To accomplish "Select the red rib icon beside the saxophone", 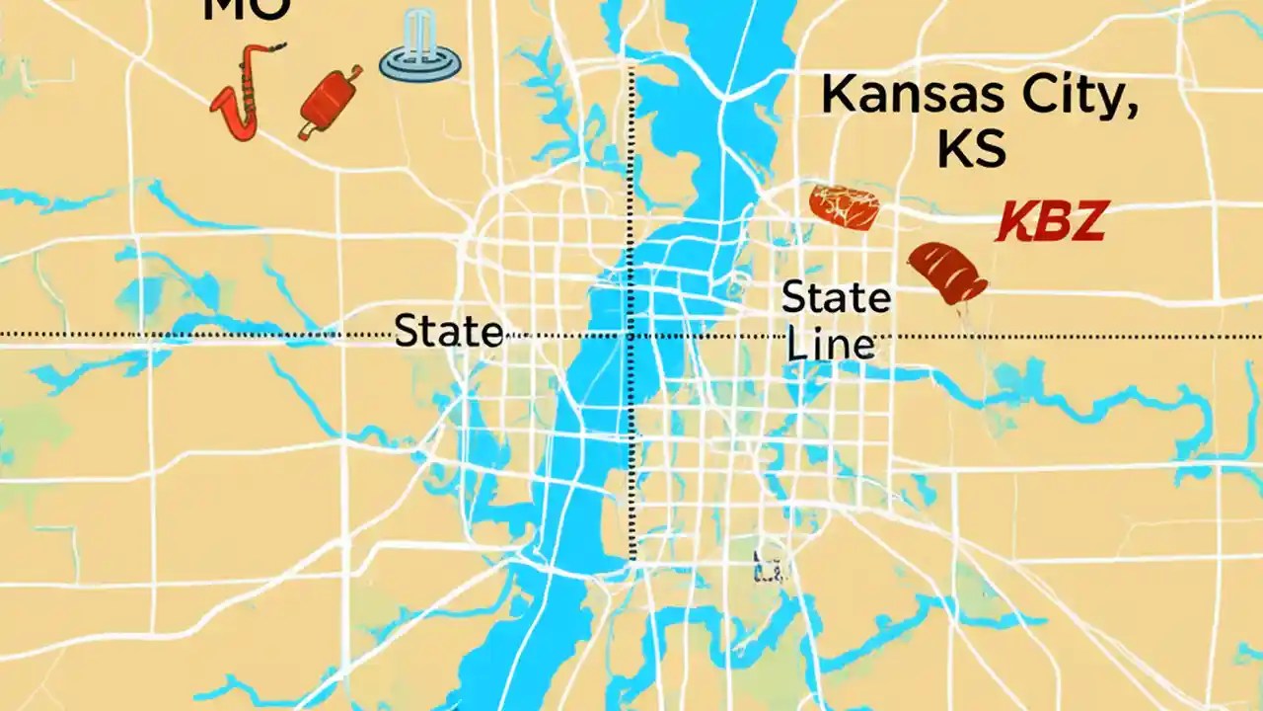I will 330,102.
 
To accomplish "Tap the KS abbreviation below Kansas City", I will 971,148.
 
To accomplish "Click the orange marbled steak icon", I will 844,206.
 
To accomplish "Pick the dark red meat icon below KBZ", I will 948,273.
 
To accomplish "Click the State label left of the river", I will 449,331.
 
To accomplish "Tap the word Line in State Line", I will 830,345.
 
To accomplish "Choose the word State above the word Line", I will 836,297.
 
